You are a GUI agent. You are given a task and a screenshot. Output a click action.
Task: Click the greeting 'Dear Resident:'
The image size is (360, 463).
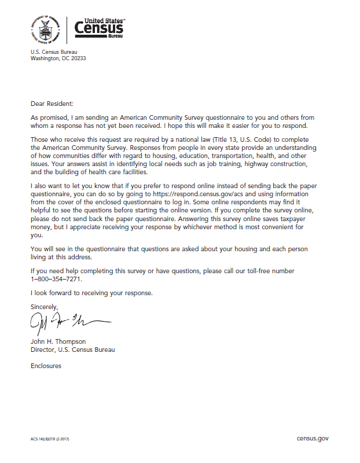tap(52, 104)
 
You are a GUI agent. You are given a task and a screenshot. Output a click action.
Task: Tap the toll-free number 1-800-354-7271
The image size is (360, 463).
tap(56, 279)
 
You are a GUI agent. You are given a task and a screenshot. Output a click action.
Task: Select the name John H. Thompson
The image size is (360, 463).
tap(58, 341)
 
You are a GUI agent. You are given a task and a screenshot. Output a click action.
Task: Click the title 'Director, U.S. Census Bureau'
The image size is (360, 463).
tap(72, 350)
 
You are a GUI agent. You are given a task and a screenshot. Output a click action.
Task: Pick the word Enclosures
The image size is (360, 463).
tap(46, 366)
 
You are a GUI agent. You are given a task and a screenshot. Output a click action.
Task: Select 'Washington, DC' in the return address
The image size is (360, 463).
tap(47, 58)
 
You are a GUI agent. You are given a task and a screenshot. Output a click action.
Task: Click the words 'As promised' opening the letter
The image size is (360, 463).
tap(48, 117)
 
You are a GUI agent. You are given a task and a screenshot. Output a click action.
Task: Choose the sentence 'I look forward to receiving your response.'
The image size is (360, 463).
tap(91, 293)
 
